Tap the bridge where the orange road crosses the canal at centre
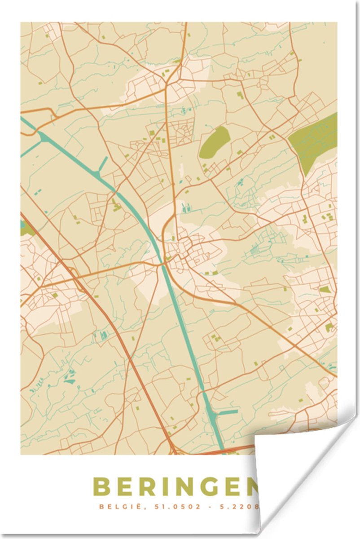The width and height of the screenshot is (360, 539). tap(163, 265)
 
